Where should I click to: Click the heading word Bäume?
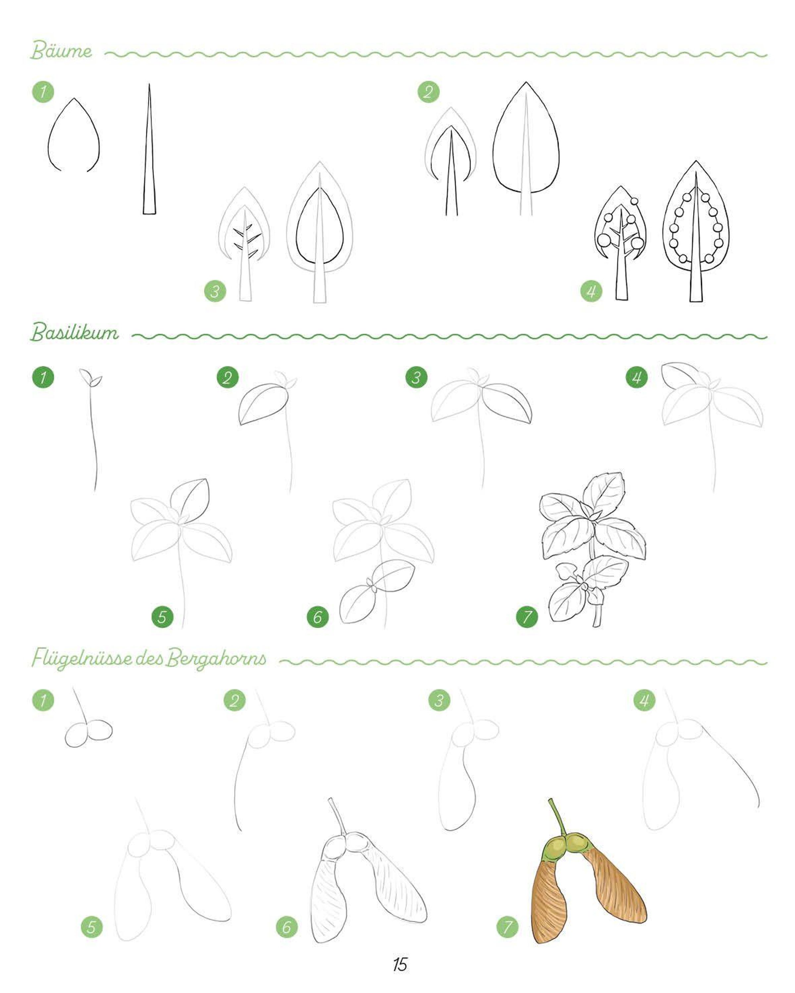[x=61, y=51]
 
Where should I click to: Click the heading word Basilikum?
[x=75, y=332]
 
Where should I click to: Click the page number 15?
[x=399, y=964]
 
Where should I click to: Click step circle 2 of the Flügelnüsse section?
[x=235, y=701]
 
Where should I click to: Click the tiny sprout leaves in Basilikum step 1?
[x=90, y=378]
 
